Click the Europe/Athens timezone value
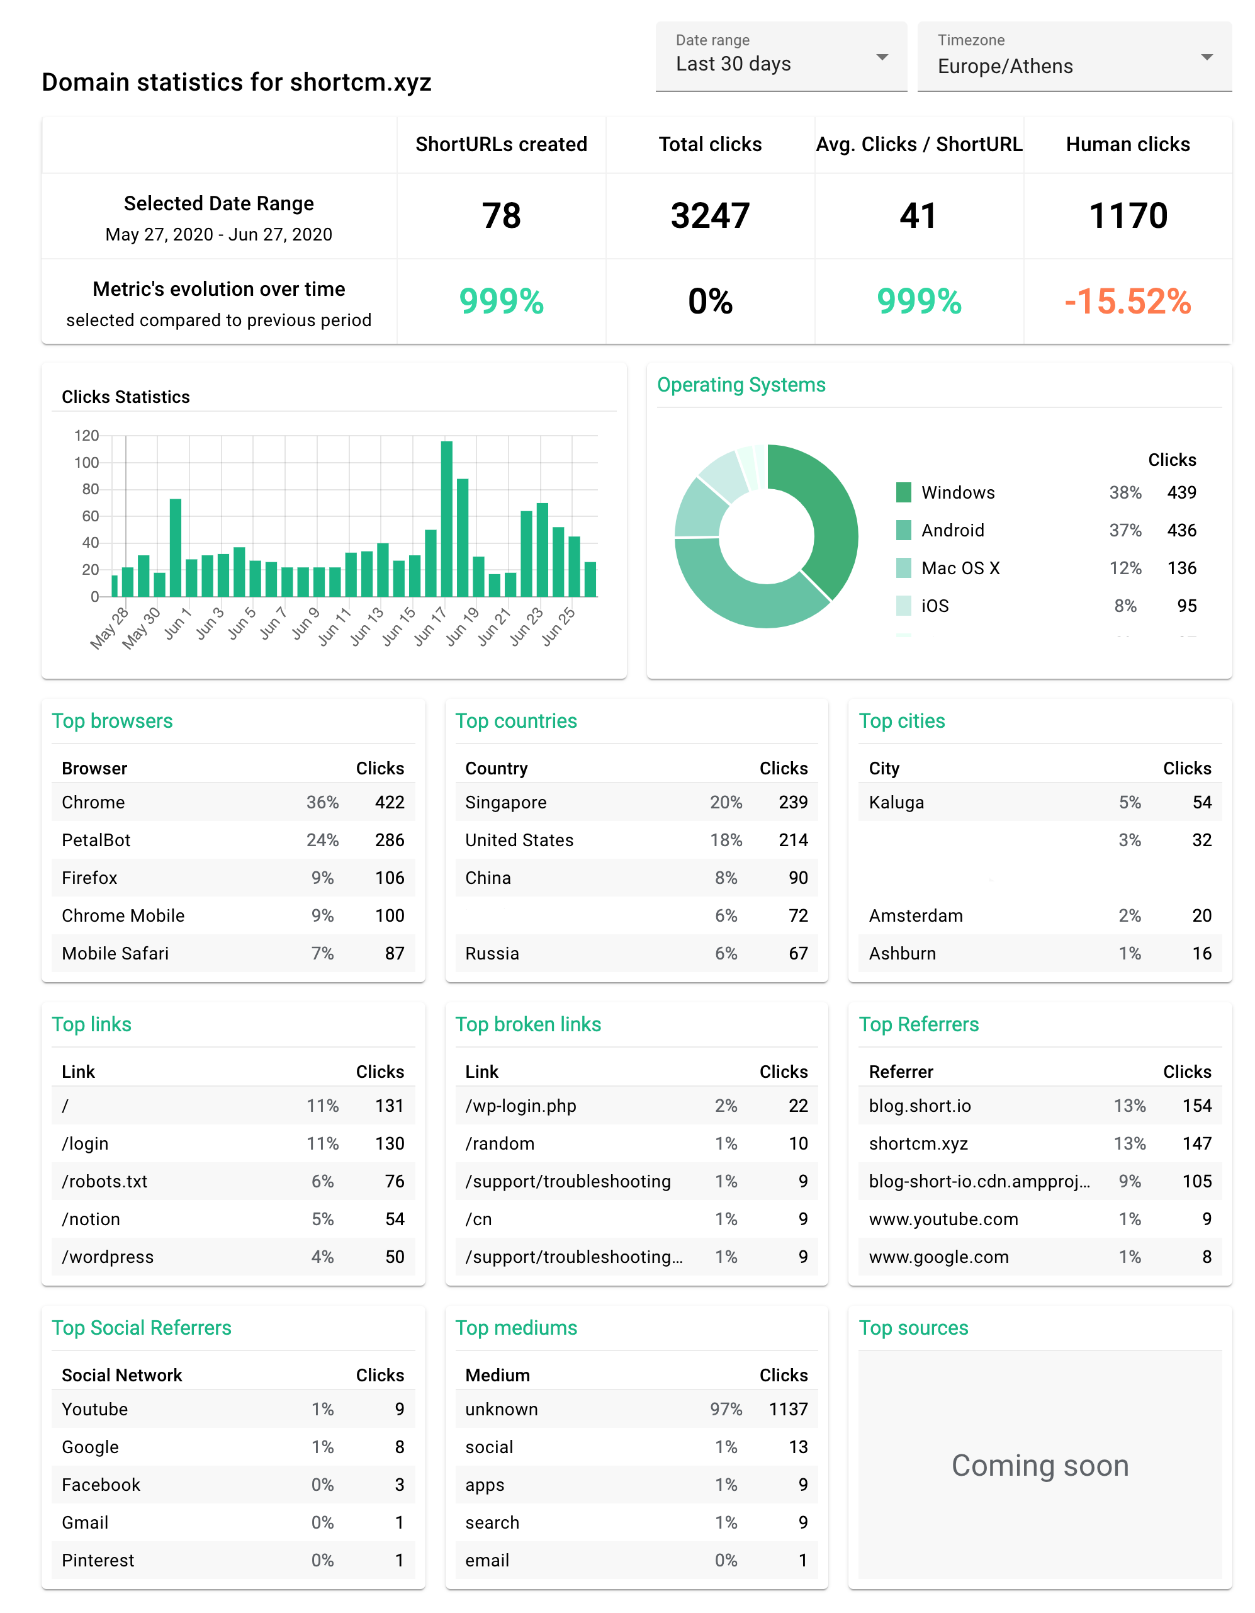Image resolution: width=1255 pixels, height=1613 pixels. click(x=1005, y=67)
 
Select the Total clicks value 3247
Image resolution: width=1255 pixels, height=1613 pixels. click(x=709, y=216)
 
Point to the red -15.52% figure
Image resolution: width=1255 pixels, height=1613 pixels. click(x=1127, y=302)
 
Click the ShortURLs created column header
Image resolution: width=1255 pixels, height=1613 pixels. click(x=501, y=144)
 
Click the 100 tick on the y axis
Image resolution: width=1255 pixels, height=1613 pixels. click(x=86, y=462)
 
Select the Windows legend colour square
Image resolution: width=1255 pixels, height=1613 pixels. click(x=904, y=492)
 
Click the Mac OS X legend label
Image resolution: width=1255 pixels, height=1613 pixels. click(x=960, y=568)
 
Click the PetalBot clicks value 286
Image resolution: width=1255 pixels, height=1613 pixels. click(x=389, y=840)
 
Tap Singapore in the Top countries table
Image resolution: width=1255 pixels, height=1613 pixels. click(x=505, y=802)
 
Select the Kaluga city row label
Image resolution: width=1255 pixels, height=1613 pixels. click(x=896, y=802)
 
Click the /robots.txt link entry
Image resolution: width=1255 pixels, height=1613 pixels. click(x=105, y=1181)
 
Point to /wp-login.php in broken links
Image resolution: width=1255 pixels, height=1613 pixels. click(x=521, y=1106)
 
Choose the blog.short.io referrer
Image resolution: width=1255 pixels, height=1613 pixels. click(x=920, y=1106)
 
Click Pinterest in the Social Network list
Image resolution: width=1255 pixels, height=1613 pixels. click(x=98, y=1560)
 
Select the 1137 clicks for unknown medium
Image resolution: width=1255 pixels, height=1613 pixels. click(x=788, y=1409)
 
